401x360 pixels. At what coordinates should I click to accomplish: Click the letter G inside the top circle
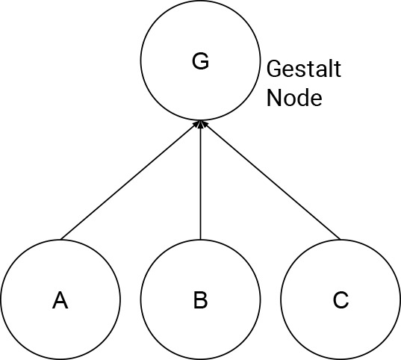point(200,61)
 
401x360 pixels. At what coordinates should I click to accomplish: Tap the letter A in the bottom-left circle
point(60,300)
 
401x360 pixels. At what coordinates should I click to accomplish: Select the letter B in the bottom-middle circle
point(200,300)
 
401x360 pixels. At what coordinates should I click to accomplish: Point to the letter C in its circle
point(341,300)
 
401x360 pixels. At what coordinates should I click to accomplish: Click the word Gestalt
point(304,69)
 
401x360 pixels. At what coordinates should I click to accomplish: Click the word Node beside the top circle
point(294,98)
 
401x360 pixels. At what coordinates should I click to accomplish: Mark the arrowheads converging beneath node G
point(200,124)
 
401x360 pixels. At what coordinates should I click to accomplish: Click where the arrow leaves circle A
point(60,240)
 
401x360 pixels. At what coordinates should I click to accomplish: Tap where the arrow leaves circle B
point(200,240)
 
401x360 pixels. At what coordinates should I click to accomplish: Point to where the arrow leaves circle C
point(341,240)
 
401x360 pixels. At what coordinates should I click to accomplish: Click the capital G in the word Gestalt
point(274,69)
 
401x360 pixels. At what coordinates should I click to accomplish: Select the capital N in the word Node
point(273,98)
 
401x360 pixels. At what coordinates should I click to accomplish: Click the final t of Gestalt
point(337,69)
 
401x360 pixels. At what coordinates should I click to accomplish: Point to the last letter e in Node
point(317,100)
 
